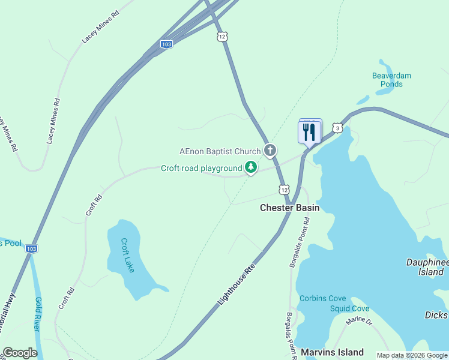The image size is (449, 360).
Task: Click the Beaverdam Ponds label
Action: (391, 80)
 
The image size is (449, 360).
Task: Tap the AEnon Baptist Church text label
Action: (220, 151)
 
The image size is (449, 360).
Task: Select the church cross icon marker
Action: (270, 150)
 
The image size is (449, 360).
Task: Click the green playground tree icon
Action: (251, 168)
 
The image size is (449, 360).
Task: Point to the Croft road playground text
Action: (201, 168)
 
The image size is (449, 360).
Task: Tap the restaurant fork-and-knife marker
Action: (310, 132)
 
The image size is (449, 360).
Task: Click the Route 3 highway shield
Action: (338, 128)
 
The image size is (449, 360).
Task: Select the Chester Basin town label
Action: (289, 208)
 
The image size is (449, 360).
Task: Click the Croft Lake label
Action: (127, 256)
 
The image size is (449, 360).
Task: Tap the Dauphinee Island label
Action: (427, 267)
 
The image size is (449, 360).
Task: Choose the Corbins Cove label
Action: (322, 298)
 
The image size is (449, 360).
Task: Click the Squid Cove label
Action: (349, 308)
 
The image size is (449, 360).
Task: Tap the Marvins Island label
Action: (332, 352)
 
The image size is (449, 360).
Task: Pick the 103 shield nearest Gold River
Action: (32, 248)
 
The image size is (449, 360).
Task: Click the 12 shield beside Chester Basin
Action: (283, 190)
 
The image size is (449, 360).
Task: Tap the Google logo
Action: (20, 353)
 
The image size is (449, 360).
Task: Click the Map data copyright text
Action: (412, 355)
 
